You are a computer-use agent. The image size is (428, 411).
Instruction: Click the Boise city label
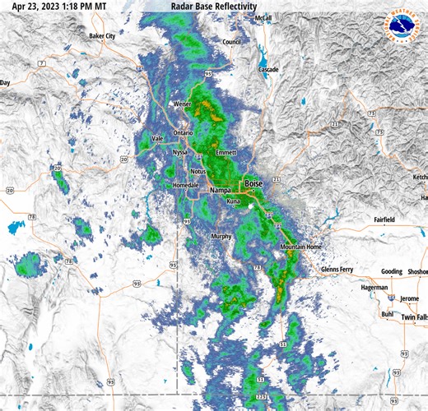tap(253, 184)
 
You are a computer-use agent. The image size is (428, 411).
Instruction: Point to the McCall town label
tap(263, 17)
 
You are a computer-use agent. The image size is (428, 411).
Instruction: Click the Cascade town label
tap(268, 70)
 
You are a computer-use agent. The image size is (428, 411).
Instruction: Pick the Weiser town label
tap(183, 104)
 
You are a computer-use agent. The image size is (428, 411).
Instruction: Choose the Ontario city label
tap(183, 132)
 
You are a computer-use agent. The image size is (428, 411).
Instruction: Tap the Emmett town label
tap(226, 153)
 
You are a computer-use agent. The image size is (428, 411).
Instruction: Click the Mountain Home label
tap(300, 247)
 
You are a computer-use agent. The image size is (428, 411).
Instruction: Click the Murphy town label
tap(221, 236)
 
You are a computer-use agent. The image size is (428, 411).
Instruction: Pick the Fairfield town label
tap(383, 220)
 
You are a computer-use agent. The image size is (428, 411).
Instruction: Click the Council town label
tap(231, 42)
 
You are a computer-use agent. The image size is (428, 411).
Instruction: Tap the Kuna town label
tap(234, 201)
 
